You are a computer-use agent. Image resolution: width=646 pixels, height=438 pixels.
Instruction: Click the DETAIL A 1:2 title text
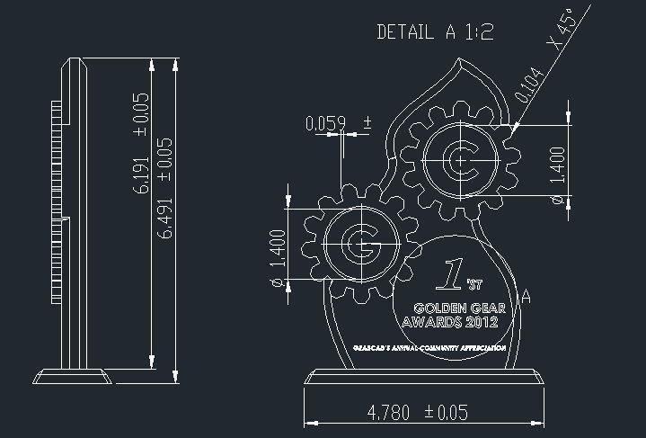435,32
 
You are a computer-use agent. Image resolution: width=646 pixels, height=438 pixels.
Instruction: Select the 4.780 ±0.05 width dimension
418,413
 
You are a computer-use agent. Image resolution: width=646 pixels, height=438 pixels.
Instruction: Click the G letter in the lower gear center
362,245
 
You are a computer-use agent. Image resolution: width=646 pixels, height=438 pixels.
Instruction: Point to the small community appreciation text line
429,347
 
